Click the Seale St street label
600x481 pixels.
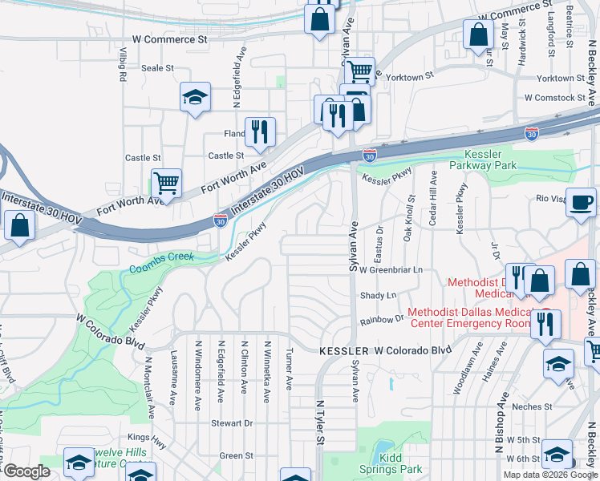click(x=157, y=68)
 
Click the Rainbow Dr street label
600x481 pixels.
click(x=382, y=319)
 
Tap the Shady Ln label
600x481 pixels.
click(x=379, y=296)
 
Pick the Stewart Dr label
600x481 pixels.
click(x=232, y=422)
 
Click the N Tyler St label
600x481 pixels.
click(x=319, y=422)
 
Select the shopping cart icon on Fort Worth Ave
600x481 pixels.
click(x=166, y=184)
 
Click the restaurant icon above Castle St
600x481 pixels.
click(x=259, y=132)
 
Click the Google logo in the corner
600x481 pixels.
click(x=26, y=471)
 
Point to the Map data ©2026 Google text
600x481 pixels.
click(x=550, y=475)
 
